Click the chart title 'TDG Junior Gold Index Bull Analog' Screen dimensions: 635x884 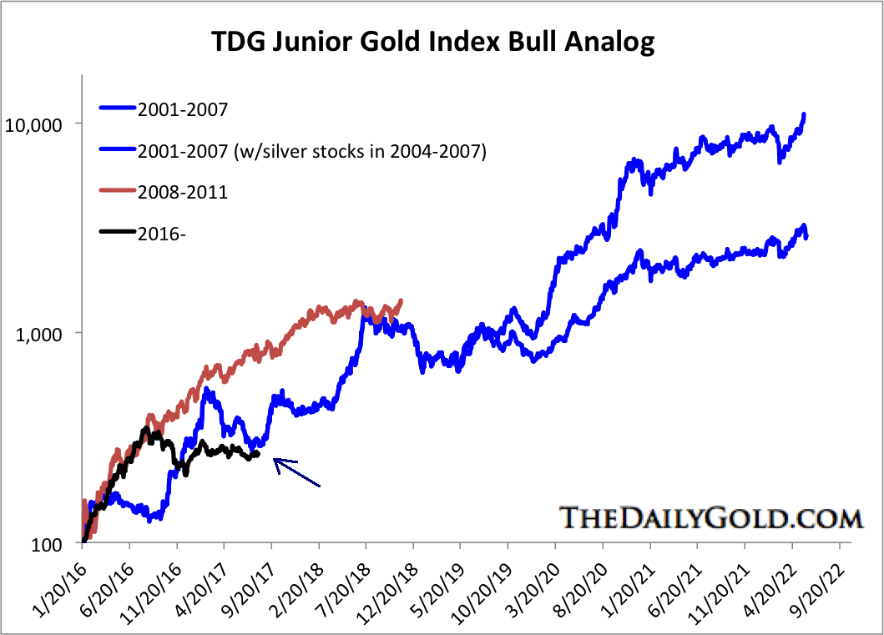tap(442, 40)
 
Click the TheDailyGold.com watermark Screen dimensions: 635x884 tap(710, 517)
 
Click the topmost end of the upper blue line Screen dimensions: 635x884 tap(804, 114)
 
